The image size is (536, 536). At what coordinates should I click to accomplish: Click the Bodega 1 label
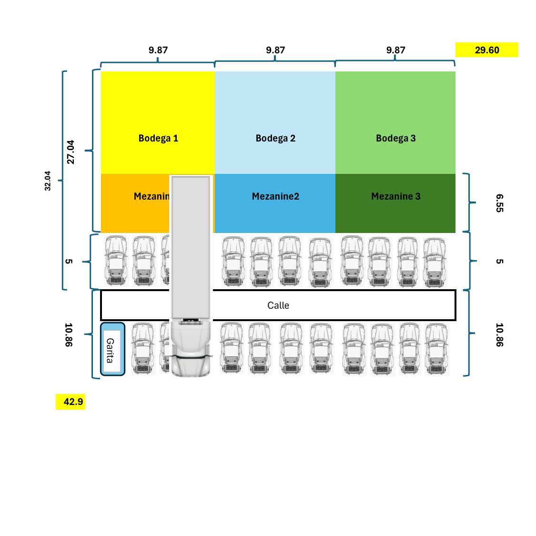point(158,138)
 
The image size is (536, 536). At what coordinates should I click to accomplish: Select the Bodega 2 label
point(275,138)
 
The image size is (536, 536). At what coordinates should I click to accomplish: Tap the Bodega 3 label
point(395,138)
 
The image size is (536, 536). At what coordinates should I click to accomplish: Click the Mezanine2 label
point(275,196)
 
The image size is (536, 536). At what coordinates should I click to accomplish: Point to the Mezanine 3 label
point(395,196)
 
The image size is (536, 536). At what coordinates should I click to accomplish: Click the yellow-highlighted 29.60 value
point(486,50)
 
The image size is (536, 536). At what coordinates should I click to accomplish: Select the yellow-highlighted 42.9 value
point(73,402)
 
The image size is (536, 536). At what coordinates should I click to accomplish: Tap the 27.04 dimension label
point(71,152)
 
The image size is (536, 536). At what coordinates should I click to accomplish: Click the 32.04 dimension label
point(48,181)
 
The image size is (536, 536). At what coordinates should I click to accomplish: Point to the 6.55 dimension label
point(499,202)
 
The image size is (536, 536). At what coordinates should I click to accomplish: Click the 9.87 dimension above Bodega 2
point(275,50)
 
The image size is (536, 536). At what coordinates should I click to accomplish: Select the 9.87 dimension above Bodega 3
point(395,50)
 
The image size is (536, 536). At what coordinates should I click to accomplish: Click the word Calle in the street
point(278,305)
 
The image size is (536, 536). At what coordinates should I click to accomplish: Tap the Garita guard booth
point(112,349)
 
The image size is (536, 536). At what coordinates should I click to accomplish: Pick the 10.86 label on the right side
point(499,334)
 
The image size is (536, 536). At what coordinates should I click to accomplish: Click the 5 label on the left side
point(69,262)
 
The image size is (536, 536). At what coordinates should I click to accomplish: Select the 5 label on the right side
point(499,262)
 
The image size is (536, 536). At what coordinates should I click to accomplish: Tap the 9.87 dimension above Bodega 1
point(158,50)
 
